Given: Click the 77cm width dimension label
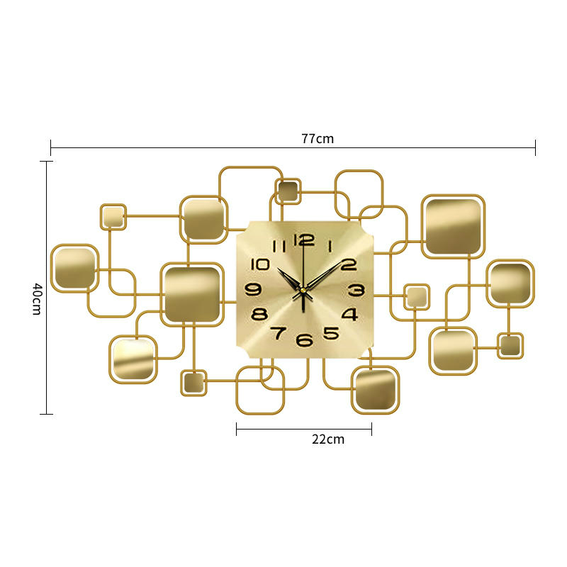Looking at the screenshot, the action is point(318,138).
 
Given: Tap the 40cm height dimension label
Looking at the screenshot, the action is point(37,299).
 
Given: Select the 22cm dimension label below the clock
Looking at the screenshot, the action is point(328,439).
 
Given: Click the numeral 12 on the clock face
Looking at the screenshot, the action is point(304,240).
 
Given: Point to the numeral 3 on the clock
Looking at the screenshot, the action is point(357,290).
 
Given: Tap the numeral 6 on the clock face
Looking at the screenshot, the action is point(305,340).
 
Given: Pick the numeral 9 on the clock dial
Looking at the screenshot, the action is point(253,289).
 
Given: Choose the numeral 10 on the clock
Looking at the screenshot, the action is point(260,264).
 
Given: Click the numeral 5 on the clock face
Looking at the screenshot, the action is point(331,333).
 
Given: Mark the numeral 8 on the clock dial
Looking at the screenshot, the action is point(259,314).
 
